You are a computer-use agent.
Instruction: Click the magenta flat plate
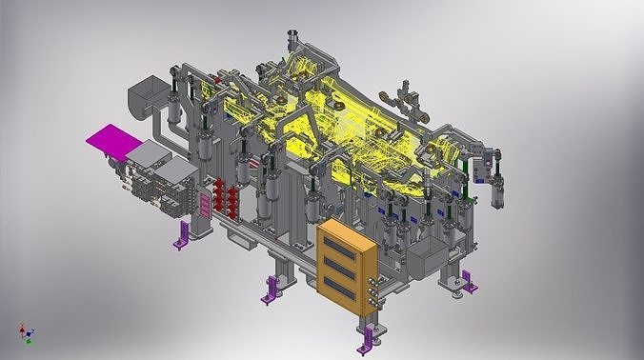click(112, 142)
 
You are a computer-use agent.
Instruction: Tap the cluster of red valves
click(225, 196)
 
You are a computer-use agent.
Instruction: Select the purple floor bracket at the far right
click(470, 280)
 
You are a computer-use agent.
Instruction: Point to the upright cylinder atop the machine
click(294, 43)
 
